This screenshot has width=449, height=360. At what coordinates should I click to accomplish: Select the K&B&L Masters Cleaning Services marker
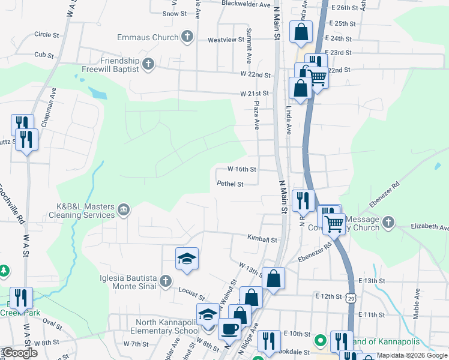tap(123, 209)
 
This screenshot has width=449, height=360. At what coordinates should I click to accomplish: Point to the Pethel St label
tap(230, 184)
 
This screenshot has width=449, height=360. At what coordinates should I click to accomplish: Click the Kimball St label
tap(262, 238)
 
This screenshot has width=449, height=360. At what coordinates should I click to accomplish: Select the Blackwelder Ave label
tap(246, 4)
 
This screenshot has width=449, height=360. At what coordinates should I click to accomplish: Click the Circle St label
tap(47, 35)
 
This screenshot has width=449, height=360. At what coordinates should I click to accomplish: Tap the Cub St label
tap(44, 55)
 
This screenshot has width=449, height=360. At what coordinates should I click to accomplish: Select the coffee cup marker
tap(229, 328)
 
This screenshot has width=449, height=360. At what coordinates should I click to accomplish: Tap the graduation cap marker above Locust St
tap(187, 259)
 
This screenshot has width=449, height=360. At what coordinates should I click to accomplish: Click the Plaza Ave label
tap(256, 115)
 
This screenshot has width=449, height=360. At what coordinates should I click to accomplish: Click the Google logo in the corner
tap(20, 353)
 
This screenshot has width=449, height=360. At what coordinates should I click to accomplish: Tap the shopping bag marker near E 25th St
tap(301, 32)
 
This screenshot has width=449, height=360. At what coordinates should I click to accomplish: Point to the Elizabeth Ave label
tap(429, 227)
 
